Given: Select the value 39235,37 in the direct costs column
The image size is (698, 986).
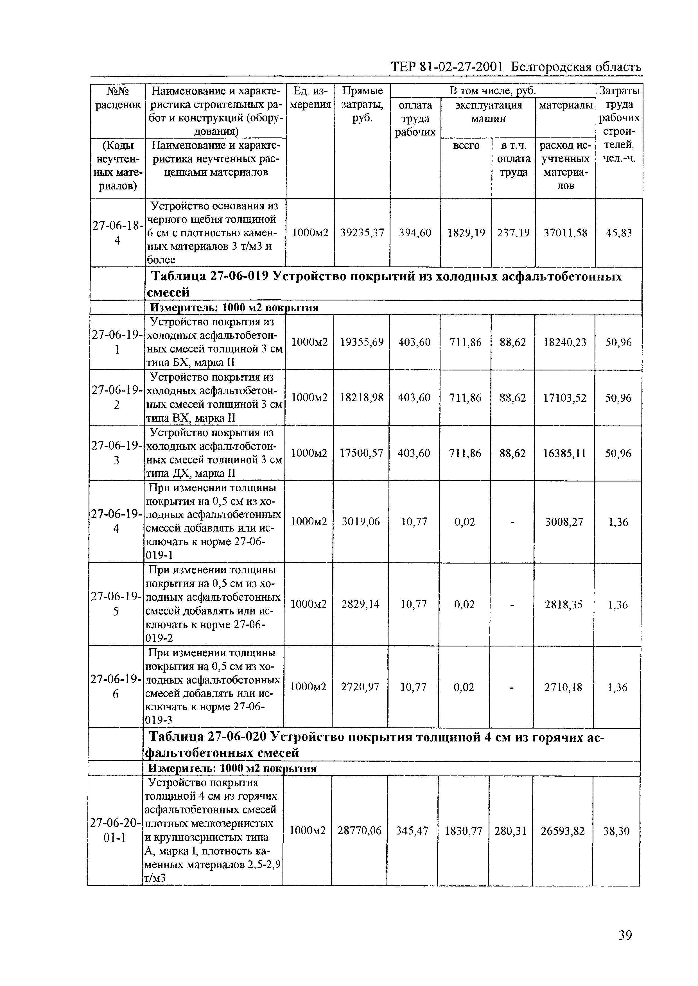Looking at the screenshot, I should pos(362,233).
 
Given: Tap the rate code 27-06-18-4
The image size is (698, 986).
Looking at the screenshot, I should pos(117,232).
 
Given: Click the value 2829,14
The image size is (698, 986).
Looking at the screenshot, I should pos(360,604).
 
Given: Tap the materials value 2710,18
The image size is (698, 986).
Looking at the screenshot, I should pos(563,687).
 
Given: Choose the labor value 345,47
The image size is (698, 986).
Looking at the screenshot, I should pos(412,831).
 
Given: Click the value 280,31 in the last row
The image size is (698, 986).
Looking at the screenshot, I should pos(510,831).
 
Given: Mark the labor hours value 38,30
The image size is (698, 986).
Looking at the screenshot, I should pos(616,831).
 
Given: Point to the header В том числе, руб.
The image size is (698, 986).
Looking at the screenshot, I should pos(493,91).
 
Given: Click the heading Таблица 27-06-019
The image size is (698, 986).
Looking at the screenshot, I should pos(211,277).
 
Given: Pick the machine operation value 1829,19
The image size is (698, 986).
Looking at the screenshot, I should pos(466,233).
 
